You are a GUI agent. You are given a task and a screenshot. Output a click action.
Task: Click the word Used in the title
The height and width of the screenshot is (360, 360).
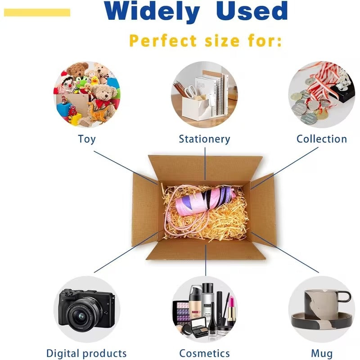252,11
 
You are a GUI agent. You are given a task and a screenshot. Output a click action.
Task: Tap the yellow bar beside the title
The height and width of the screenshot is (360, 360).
37,13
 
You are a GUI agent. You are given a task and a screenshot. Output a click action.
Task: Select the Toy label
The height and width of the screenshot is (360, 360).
87,139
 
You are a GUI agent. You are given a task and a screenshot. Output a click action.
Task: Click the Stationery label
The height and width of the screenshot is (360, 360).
204,139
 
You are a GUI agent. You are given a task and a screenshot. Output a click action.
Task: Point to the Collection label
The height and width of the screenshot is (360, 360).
322,139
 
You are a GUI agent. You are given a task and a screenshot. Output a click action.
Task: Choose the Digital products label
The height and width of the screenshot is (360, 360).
86,353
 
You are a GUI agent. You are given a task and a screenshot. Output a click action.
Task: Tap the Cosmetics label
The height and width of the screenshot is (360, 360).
204,353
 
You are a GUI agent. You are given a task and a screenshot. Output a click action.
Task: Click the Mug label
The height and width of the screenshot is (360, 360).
322,354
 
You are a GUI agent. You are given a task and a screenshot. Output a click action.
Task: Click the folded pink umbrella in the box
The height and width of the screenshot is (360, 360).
205,201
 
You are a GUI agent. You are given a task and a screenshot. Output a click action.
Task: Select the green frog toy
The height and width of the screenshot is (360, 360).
82,83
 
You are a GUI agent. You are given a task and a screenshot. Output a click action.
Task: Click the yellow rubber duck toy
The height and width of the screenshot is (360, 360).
94,81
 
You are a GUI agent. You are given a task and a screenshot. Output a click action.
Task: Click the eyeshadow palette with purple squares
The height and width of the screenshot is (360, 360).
182,312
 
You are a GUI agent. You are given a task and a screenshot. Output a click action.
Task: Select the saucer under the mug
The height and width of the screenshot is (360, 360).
322,320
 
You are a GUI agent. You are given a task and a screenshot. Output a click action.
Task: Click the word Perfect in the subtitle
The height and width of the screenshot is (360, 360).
163,41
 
